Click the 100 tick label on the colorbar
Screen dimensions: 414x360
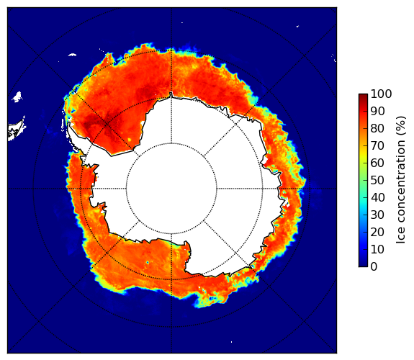coord(381,94)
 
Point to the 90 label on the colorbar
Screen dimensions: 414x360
coord(377,111)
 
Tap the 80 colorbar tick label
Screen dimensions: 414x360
coord(377,128)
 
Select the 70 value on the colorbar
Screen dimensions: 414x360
coord(377,145)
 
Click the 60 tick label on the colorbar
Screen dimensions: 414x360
coord(377,163)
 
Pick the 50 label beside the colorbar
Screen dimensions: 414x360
coord(377,181)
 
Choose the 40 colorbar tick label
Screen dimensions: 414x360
coord(377,197)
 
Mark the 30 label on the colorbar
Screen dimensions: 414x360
coord(377,215)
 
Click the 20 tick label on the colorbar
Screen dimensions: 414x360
coord(377,232)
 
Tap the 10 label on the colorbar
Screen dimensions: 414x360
coord(377,250)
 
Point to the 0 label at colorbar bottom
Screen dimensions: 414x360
coord(374,267)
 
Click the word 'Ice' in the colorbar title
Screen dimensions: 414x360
coord(401,238)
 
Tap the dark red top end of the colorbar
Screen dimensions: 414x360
coord(364,96)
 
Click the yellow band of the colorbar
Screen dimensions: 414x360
coord(364,156)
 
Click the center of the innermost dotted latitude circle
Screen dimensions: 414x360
coord(171,189)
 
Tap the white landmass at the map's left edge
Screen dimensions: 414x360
coord(16,131)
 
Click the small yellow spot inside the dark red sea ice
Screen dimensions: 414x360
coord(130,140)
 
